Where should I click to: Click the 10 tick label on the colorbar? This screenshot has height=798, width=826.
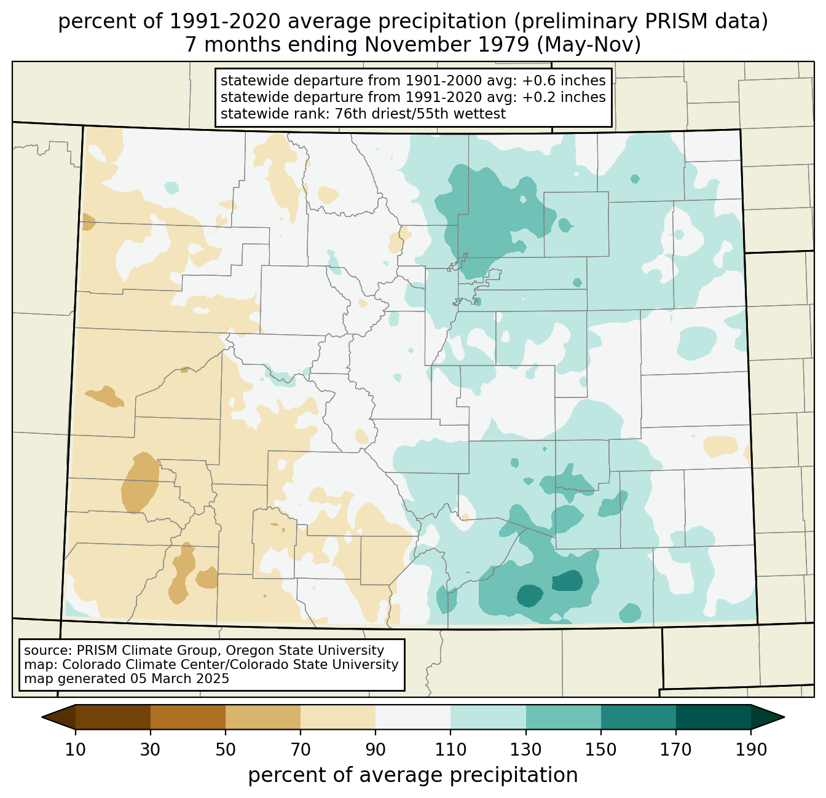(75, 751)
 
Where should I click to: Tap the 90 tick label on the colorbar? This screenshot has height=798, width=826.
(376, 751)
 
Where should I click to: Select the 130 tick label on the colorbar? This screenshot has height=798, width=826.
(525, 751)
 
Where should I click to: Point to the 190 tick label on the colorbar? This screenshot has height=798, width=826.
(751, 751)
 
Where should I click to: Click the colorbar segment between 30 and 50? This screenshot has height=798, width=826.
(187, 718)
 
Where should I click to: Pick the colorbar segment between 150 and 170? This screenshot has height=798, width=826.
(639, 718)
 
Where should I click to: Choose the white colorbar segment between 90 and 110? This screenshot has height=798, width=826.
(413, 718)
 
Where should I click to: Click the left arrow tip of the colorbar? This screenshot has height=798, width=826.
(42, 718)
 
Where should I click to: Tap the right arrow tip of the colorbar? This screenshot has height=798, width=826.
(784, 718)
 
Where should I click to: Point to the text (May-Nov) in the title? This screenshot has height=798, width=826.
(589, 45)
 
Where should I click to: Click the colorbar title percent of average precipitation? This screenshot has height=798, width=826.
(412, 775)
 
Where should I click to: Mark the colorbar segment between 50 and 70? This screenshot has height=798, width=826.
(263, 718)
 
